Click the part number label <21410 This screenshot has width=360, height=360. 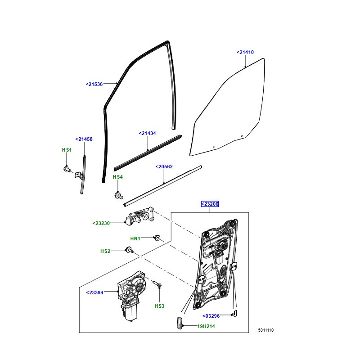coord(245,52)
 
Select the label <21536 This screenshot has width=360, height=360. coord(94,84)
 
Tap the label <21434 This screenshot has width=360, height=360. coord(147,133)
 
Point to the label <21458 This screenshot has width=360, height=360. coord(84,139)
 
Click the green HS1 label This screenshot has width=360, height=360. coord(67,149)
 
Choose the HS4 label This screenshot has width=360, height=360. coord(117,177)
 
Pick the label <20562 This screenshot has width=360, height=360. coord(164,166)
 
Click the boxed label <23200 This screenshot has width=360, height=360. coord(210,204)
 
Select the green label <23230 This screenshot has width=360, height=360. coord(101,223)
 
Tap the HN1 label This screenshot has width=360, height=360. coord(135,238)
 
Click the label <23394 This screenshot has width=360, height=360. coord(94,292)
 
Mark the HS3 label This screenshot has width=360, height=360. coord(159,306)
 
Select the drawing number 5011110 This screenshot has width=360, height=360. coord(265,330)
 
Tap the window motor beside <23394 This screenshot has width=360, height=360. coord(130,297)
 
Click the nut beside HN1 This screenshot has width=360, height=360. coord(158,237)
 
